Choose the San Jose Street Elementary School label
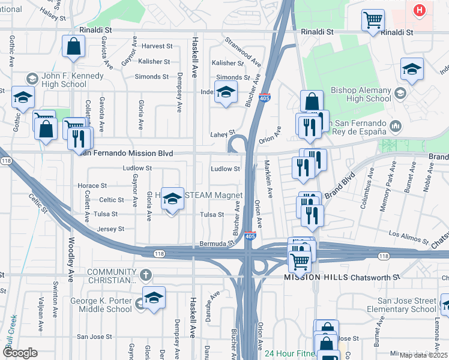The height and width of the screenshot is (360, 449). click(406, 305)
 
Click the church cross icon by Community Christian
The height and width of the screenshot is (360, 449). click(144, 275)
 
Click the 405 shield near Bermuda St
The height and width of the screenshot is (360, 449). click(250, 237)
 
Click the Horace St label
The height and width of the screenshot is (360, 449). click(93, 186)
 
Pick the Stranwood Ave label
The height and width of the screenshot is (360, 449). click(243, 52)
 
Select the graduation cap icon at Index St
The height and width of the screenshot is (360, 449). click(226, 92)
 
